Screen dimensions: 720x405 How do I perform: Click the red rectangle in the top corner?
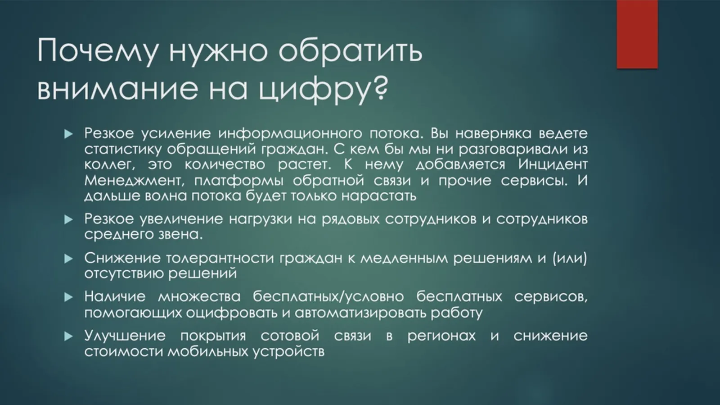[x=637, y=34]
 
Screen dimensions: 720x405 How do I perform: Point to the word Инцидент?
[x=553, y=165]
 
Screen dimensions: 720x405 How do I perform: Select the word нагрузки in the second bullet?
[x=261, y=219]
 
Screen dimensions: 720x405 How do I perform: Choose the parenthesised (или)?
[x=570, y=259]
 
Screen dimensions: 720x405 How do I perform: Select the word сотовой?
[x=290, y=336]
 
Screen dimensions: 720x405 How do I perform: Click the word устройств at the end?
[x=288, y=352]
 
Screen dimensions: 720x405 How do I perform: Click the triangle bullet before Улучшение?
[x=68, y=337]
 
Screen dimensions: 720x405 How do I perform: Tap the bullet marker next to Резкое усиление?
[x=68, y=134]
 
